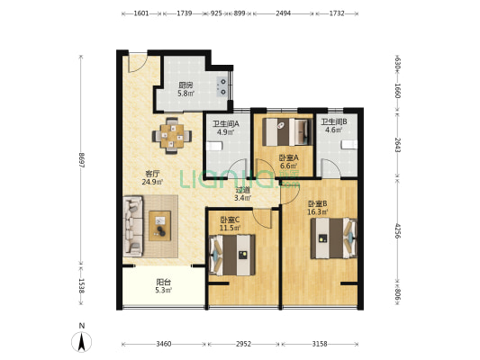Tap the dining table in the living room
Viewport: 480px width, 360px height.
(172, 136)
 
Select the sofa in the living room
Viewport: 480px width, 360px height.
(133, 226)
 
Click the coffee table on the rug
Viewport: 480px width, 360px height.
(159, 226)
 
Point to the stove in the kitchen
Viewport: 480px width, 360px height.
(222, 86)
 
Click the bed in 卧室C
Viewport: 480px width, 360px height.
(232, 255)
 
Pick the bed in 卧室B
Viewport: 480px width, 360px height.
(334, 238)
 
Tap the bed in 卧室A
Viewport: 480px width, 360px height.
(287, 131)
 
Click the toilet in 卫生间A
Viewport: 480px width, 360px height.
(214, 146)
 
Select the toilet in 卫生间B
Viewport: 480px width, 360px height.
(349, 144)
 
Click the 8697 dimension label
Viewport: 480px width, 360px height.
(81, 159)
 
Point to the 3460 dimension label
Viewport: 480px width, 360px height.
(164, 344)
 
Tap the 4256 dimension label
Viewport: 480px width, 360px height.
(397, 230)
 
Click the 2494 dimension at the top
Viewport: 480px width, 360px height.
(283, 13)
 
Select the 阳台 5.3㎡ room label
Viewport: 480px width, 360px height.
(164, 286)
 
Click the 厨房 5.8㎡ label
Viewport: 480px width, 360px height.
(186, 89)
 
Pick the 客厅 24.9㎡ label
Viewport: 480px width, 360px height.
(152, 178)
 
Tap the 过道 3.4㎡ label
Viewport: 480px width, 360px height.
(243, 193)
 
